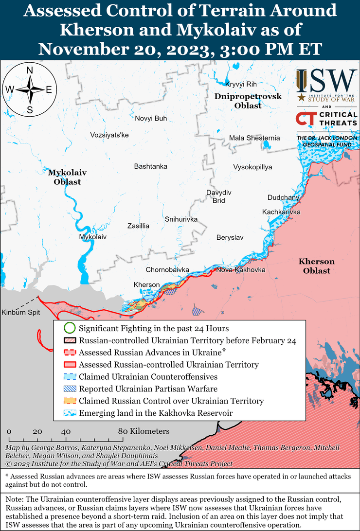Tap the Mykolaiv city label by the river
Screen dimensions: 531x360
(92, 237)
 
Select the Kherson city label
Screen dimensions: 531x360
(146, 284)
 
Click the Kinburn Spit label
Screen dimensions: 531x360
(20, 312)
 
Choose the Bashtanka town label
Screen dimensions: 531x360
(150, 166)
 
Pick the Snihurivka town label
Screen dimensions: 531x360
(181, 219)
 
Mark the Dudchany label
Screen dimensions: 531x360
(283, 197)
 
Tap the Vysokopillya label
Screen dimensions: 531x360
(252, 167)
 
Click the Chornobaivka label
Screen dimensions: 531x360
(167, 269)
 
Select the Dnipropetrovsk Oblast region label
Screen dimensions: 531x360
(248, 101)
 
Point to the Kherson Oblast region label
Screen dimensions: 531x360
(316, 266)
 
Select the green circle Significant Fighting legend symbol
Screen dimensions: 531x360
(70, 328)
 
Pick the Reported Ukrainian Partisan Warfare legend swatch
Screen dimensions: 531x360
(70, 389)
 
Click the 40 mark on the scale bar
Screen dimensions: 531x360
(66, 431)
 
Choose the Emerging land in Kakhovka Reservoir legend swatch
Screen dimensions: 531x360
(70, 413)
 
